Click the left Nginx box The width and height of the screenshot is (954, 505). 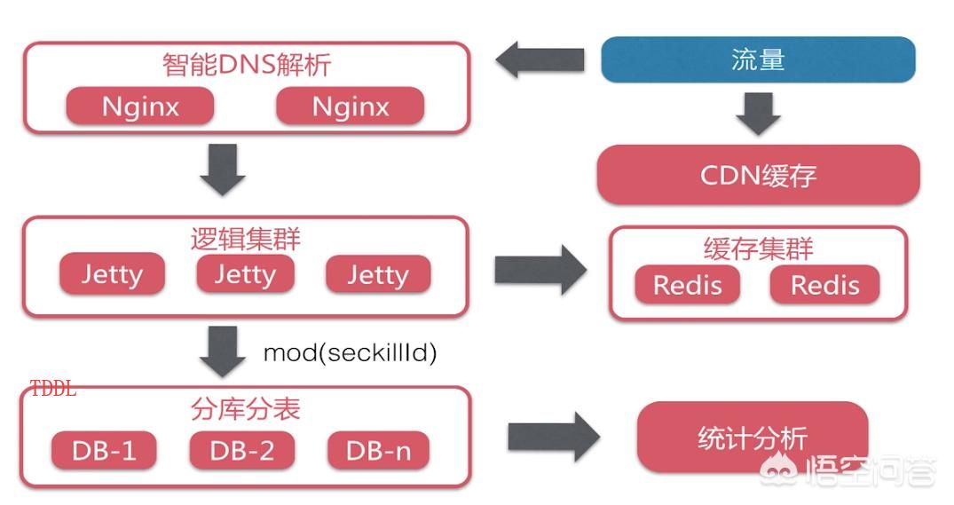point(140,107)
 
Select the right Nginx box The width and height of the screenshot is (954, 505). point(351,107)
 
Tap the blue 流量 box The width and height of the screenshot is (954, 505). point(758,59)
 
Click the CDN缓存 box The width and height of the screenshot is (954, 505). point(758,175)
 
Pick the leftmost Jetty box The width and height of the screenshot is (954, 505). point(112,274)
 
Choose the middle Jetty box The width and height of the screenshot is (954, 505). point(245,274)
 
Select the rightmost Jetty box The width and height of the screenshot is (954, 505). point(378,274)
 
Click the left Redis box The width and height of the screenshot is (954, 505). point(688,285)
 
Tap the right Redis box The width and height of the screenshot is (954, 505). point(825,285)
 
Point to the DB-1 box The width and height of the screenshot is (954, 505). point(104,451)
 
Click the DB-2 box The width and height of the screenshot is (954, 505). point(242,451)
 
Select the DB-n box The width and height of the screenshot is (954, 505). point(378,451)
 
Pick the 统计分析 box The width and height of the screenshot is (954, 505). point(753,437)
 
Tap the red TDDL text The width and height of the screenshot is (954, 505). point(53,388)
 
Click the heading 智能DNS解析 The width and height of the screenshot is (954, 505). point(247,65)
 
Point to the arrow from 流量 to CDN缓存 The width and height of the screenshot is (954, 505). point(758,114)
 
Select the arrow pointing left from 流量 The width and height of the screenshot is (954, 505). point(540,59)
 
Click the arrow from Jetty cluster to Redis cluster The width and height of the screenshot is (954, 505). point(540,270)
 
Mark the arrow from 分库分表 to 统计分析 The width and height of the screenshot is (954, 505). point(554,437)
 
